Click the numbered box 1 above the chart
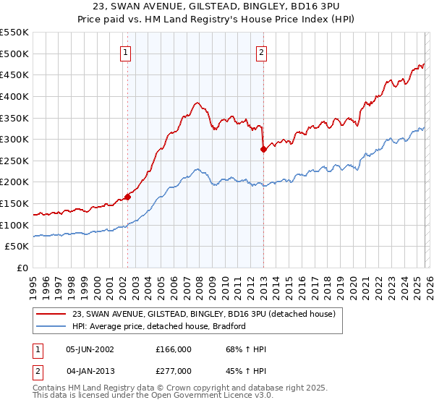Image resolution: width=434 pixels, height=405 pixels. (126, 52)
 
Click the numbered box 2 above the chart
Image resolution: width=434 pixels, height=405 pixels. (260, 52)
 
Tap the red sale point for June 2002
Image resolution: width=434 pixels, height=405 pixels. (127, 196)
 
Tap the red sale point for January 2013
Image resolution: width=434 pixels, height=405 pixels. (263, 149)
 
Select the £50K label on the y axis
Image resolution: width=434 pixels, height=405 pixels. (17, 247)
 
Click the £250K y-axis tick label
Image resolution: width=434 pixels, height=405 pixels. (14, 161)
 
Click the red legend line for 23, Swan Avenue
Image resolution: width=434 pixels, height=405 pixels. (52, 315)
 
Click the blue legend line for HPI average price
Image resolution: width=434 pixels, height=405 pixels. (52, 327)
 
